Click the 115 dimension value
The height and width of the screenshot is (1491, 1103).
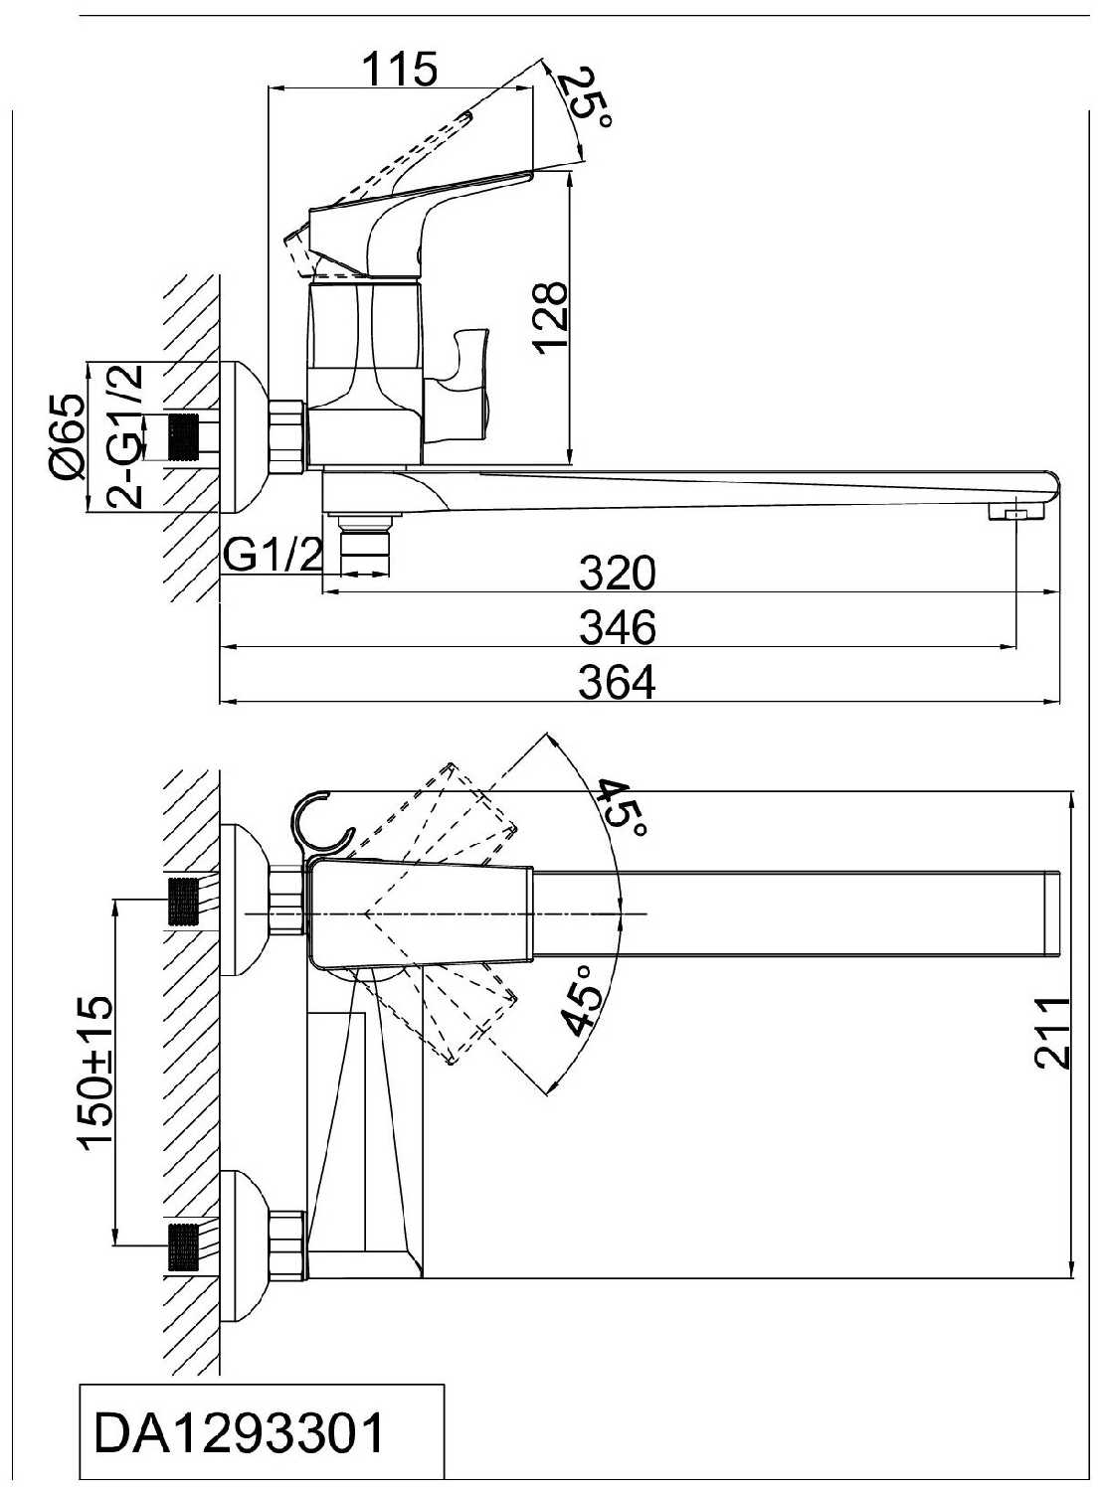click(x=400, y=68)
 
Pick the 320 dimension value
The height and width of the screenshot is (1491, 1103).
click(x=617, y=573)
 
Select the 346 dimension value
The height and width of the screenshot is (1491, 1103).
click(x=617, y=627)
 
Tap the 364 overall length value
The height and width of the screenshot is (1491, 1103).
click(x=617, y=683)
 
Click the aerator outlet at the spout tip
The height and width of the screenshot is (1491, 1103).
click(x=1015, y=514)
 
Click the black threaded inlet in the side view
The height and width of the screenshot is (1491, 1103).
click(x=184, y=436)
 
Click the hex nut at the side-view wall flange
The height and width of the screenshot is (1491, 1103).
click(x=287, y=436)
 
